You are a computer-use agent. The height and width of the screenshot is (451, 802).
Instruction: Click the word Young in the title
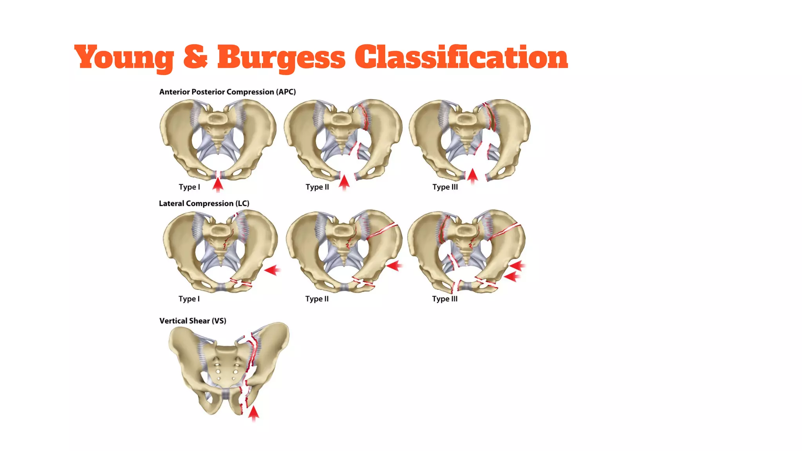124,57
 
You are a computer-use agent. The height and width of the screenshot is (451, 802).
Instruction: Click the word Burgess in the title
281,57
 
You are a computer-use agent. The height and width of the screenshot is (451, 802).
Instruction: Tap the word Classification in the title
461,57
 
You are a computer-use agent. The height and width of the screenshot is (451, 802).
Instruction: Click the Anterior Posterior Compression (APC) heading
227,92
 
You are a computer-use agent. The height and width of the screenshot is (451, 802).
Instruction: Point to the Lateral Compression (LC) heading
204,204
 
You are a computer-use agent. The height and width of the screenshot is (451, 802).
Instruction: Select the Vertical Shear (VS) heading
193,321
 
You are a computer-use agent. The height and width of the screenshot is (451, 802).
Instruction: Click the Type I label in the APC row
189,187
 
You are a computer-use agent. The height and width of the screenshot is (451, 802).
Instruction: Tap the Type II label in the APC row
317,187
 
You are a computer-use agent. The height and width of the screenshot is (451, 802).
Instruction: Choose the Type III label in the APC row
445,187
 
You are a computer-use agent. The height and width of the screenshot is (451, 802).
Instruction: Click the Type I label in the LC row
189,299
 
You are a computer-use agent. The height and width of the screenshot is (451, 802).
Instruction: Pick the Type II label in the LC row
317,299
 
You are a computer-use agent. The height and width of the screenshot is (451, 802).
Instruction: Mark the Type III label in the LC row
444,299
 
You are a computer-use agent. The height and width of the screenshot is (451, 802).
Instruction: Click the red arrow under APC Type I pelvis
218,184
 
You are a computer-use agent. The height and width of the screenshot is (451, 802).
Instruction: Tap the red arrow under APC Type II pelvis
344,182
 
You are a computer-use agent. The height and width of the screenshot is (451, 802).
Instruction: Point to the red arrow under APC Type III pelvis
473,176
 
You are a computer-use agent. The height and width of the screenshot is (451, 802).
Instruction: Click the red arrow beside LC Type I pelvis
272,270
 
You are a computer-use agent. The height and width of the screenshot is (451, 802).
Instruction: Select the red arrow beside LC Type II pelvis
394,266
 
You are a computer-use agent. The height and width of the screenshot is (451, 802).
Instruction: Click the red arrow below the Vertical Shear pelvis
254,413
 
